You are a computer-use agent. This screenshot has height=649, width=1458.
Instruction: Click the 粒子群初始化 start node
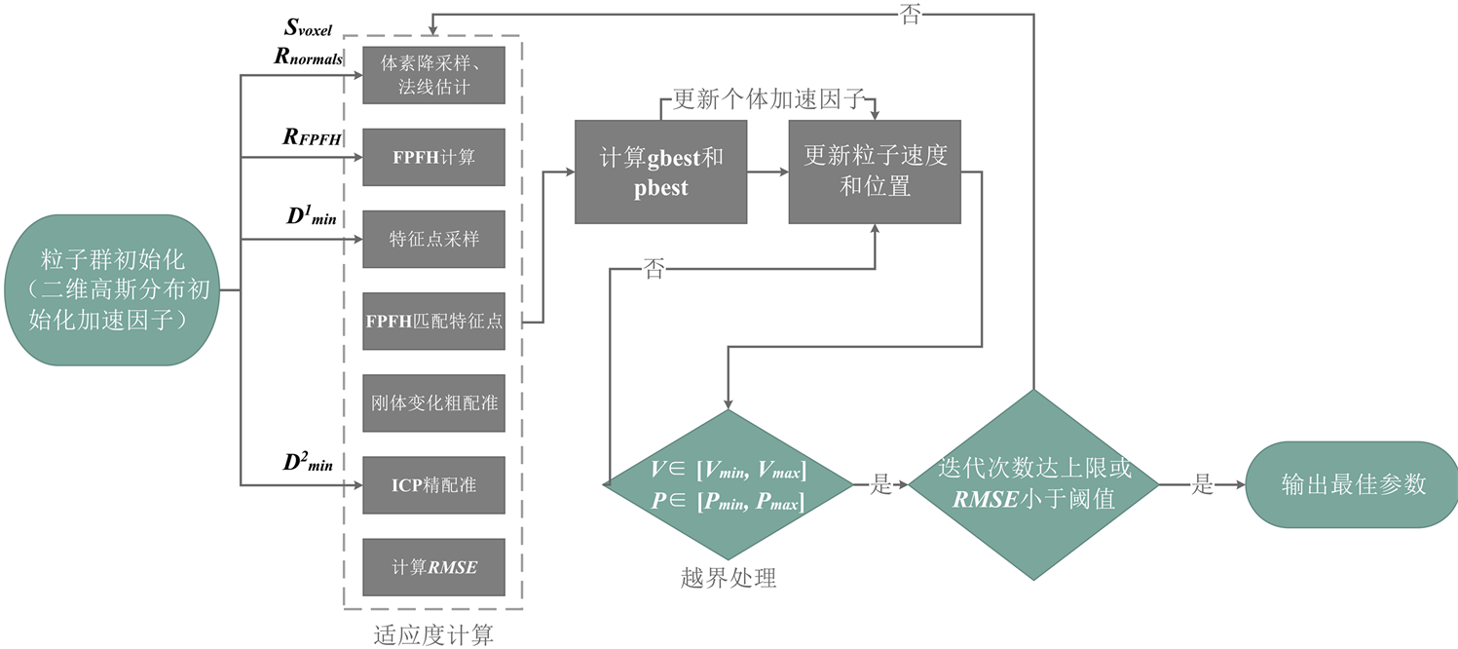112,289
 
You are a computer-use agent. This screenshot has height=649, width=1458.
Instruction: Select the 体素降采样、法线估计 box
433,75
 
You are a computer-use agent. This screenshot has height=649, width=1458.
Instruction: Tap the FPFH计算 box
433,157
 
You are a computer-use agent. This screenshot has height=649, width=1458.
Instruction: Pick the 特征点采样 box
433,239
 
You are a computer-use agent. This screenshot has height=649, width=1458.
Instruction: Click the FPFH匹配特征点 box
433,321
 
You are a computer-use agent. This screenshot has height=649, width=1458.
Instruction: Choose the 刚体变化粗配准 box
433,402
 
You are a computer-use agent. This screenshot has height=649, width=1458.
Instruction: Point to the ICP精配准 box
433,485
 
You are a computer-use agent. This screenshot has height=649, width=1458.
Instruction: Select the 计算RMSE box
433,567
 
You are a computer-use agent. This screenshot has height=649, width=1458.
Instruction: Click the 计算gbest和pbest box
660,172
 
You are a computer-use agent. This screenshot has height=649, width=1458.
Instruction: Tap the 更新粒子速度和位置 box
875,172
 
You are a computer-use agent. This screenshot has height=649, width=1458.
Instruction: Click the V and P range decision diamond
729,484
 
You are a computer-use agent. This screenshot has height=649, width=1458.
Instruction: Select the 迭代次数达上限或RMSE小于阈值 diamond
1033,484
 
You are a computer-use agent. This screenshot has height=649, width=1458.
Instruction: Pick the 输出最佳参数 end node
1352,484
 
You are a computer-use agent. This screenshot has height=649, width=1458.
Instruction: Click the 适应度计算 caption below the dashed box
433,634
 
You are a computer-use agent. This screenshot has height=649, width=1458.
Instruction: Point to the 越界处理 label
729,578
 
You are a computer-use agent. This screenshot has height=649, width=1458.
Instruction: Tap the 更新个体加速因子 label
768,99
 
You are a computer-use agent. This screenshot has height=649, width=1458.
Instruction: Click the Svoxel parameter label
308,27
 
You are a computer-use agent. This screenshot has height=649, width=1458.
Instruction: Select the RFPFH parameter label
312,136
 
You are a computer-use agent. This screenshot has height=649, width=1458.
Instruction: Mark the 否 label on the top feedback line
910,14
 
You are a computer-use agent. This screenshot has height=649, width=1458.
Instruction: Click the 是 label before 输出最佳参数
1202,484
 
